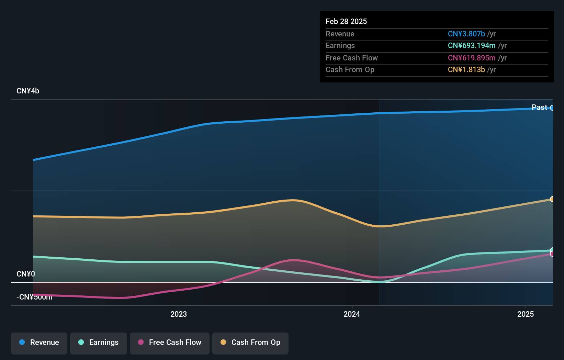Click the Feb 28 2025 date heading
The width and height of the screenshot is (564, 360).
point(346,21)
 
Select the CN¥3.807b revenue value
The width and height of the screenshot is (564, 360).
point(466,34)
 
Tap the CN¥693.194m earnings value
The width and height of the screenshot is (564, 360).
point(471,46)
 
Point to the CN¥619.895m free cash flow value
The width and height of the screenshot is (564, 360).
point(471,58)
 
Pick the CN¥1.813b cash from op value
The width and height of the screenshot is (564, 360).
point(466,70)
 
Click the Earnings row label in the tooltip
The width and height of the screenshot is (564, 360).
point(340,46)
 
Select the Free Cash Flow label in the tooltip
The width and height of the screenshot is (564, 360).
point(351,58)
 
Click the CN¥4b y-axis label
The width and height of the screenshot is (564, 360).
point(28,91)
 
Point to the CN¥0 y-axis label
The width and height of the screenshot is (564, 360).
point(26,274)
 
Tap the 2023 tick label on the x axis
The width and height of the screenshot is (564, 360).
point(179,314)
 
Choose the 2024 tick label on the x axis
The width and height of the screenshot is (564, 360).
point(352,314)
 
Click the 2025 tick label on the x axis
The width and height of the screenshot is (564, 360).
point(526,314)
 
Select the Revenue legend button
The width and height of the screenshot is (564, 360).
point(39,342)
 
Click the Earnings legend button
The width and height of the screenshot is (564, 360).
point(99,342)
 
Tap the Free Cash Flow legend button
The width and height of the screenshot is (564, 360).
point(170,342)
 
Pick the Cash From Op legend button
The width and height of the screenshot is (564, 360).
point(250,342)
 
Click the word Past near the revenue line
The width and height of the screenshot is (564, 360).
point(539,108)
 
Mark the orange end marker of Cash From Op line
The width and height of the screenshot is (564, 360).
point(552,199)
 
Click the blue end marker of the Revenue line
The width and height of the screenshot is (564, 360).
point(552,108)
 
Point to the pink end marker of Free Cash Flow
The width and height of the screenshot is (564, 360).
point(552,254)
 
